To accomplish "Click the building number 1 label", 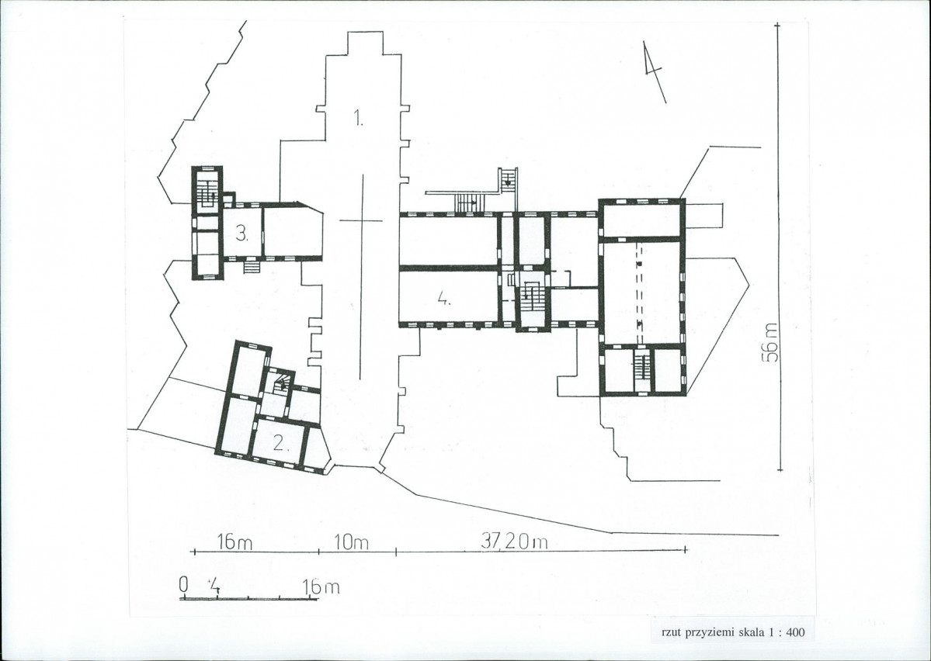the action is pos(359,117).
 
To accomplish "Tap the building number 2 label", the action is pos(281,442).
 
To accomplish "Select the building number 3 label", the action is pos(241,234).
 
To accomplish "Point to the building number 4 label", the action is pos(443,298).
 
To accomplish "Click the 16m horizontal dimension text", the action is pos(234,542).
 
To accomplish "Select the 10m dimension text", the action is pos(352,542).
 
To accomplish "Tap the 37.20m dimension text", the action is pos(514,542).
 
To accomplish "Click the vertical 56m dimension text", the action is pos(771,342).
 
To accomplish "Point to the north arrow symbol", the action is pos(655,72).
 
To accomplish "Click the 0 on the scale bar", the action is pos(183,585).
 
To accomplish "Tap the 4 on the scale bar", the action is pos(214,587).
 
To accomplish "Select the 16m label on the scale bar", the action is pos(321,587).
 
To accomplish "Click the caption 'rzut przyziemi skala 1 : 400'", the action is pos(733,632).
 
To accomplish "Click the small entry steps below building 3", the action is pos(252,267).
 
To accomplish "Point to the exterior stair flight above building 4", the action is pos(470,202).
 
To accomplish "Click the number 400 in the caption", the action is pos(796,632).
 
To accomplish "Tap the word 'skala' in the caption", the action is pos(751,632).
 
